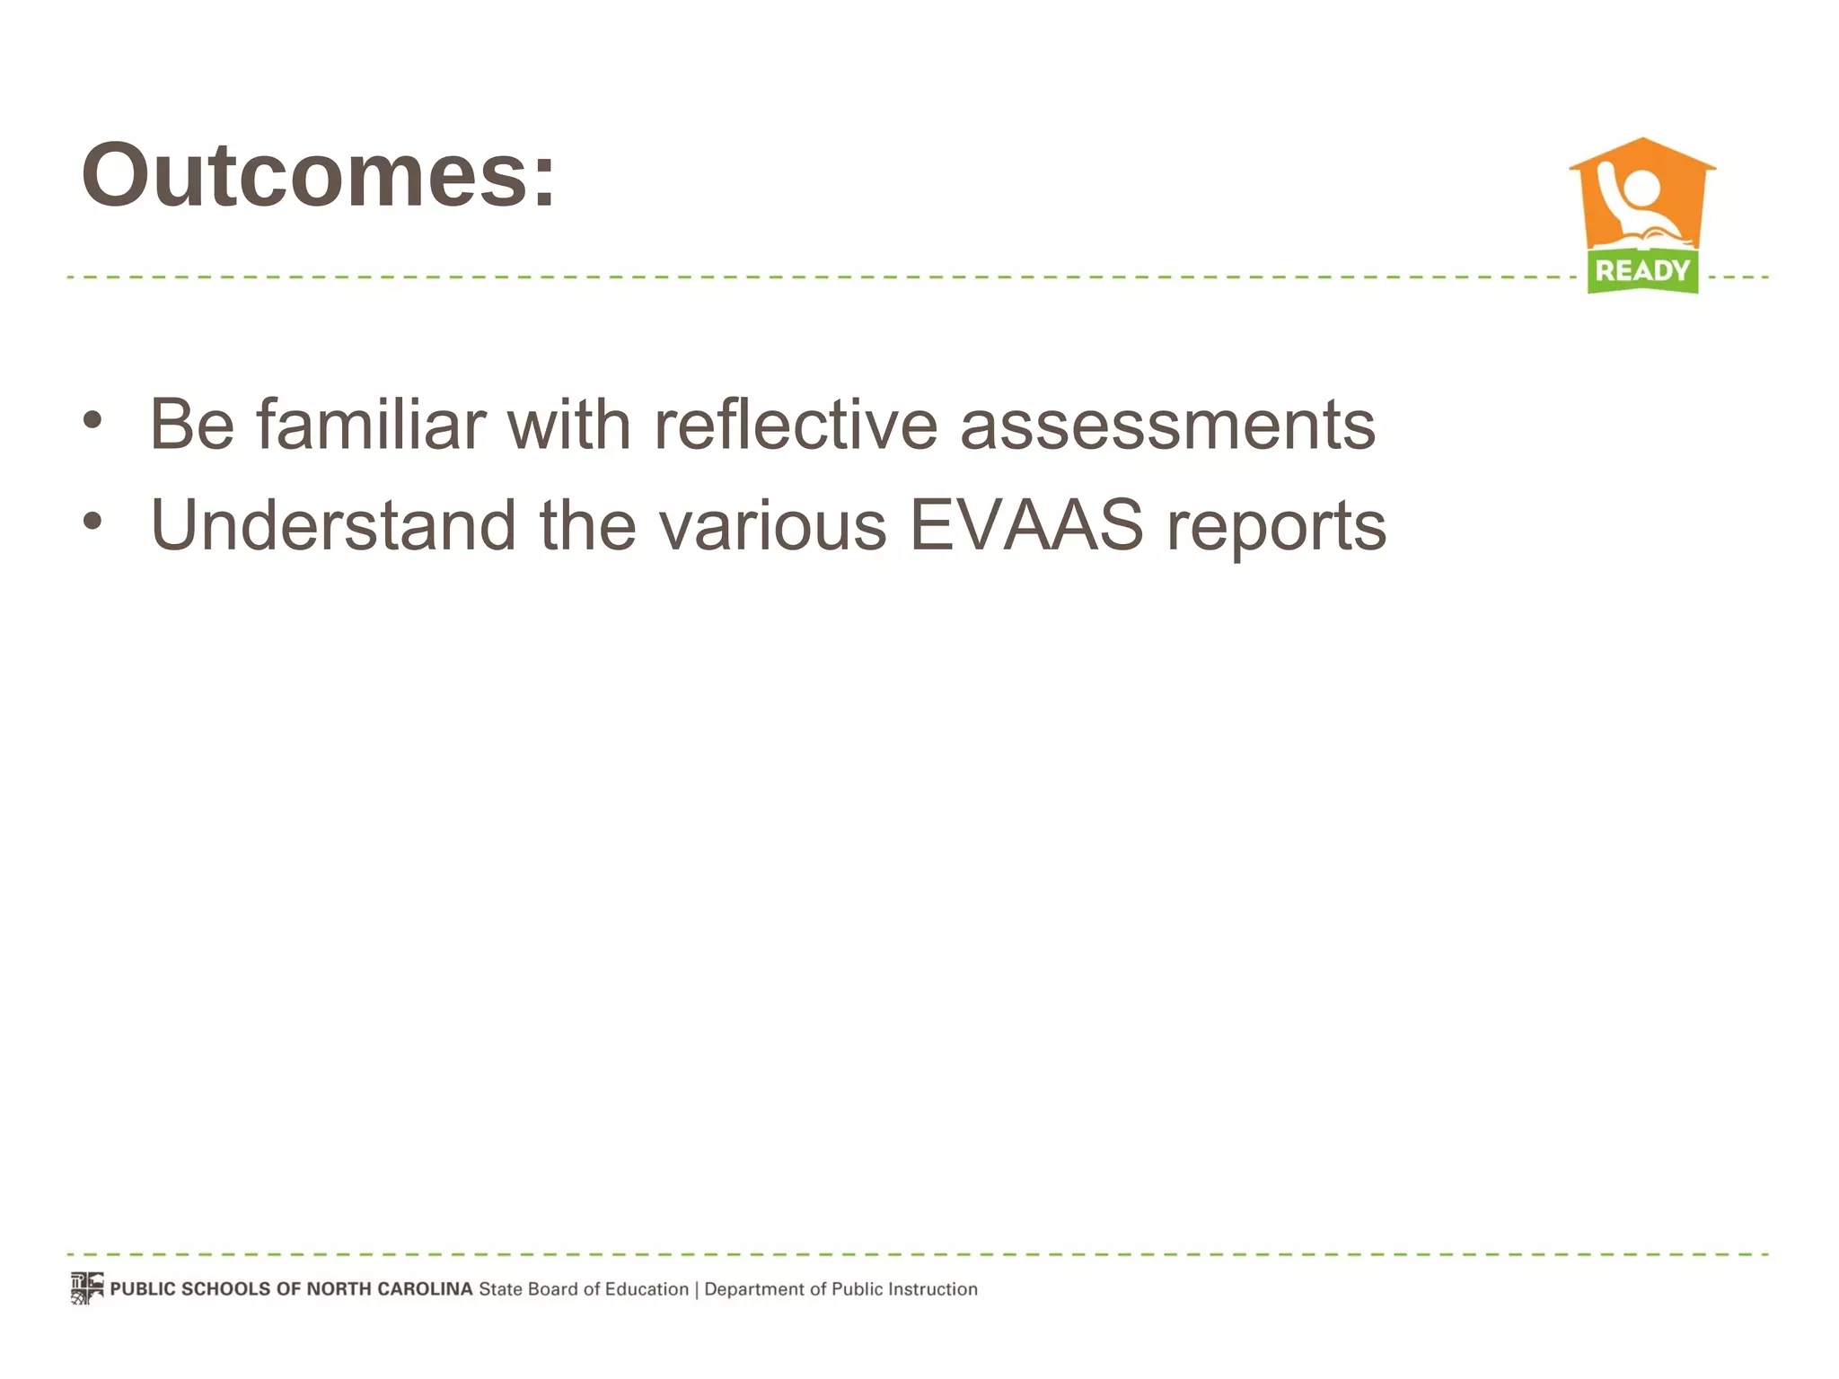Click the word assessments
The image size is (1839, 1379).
pyautogui.click(x=1167, y=426)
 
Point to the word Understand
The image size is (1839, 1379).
pyautogui.click(x=333, y=524)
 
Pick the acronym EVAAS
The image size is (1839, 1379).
pyautogui.click(x=1026, y=524)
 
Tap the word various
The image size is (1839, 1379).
pyautogui.click(x=773, y=524)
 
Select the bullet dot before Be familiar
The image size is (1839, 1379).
pyautogui.click(x=92, y=419)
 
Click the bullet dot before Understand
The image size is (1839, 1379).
pyautogui.click(x=92, y=521)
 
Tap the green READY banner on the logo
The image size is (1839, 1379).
pyautogui.click(x=1642, y=270)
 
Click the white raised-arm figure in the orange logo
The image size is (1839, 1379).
pyautogui.click(x=1634, y=198)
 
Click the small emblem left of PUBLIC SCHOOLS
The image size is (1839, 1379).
pyautogui.click(x=87, y=1287)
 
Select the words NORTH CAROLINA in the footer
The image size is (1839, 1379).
pyautogui.click(x=390, y=1289)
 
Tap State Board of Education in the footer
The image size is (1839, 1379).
pyautogui.click(x=584, y=1289)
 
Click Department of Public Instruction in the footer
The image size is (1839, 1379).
pyautogui.click(x=840, y=1289)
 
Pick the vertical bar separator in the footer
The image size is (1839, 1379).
pyautogui.click(x=697, y=1289)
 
